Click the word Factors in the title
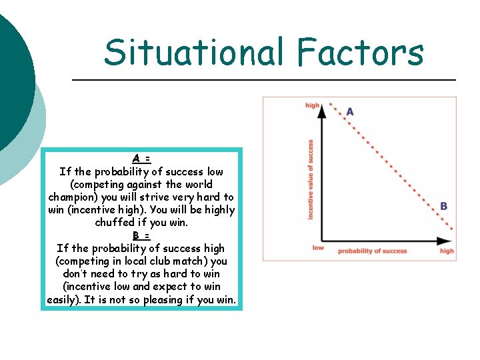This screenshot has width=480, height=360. (x=360, y=53)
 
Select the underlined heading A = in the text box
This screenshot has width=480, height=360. (x=141, y=159)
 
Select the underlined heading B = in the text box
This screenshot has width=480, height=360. (x=141, y=235)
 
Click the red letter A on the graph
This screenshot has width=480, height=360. (x=350, y=112)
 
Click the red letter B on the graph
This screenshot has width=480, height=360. (x=443, y=207)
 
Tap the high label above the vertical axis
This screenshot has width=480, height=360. (x=312, y=105)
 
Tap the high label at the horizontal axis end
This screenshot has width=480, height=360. (x=447, y=251)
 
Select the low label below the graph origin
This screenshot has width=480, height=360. (x=318, y=248)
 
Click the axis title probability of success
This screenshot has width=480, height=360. (x=372, y=251)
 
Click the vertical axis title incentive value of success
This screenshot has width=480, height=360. (x=311, y=179)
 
